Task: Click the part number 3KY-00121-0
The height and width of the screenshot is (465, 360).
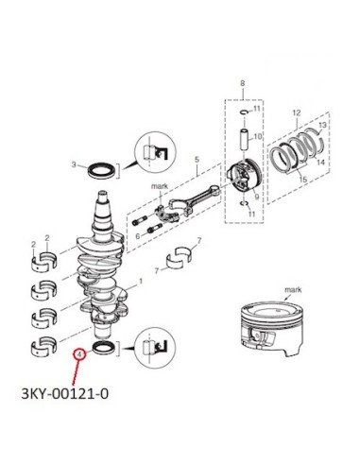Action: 65,393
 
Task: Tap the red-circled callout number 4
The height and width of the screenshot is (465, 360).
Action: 79,354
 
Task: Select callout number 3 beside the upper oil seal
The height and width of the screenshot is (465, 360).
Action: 74,164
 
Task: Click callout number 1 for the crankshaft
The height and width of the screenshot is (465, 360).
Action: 141,281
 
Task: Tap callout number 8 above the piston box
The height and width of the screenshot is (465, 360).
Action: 243,83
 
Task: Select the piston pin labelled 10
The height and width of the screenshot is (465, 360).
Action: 245,140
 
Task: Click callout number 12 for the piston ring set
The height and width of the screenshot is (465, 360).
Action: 297,112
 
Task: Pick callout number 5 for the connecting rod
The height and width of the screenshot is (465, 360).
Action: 197,160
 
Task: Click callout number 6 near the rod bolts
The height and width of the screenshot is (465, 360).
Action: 138,236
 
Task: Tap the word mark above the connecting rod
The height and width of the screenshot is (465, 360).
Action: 160,186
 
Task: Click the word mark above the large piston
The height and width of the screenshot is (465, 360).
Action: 293,289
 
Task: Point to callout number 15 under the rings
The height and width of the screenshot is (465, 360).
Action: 303,180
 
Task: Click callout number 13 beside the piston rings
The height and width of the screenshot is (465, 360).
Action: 322,125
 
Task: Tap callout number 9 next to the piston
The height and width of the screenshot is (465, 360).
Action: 257,197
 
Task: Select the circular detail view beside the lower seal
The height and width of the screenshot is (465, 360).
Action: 155,347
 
